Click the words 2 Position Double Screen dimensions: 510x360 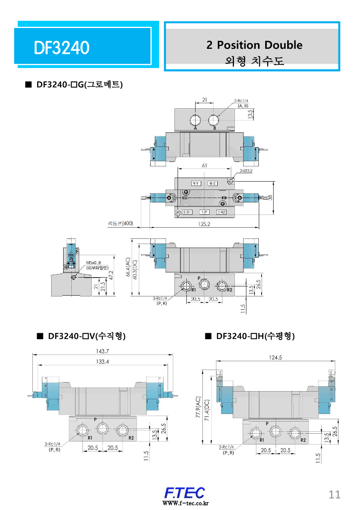click(x=254, y=45)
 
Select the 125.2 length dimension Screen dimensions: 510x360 click(x=204, y=224)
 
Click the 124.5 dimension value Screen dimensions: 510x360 click(x=275, y=358)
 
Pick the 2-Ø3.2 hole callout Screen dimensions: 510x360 click(x=246, y=171)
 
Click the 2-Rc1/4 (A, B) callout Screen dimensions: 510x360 click(x=243, y=103)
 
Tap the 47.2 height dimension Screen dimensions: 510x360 click(x=112, y=275)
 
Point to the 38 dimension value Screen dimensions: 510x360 click(x=271, y=198)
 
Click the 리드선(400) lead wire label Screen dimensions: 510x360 click(x=120, y=223)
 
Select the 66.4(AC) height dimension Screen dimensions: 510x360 click(x=128, y=267)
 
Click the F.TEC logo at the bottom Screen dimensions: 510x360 click(x=185, y=492)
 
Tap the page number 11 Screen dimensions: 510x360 click(x=334, y=494)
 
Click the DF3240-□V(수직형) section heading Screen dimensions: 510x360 click(x=86, y=336)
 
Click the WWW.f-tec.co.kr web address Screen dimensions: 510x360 click(x=185, y=503)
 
